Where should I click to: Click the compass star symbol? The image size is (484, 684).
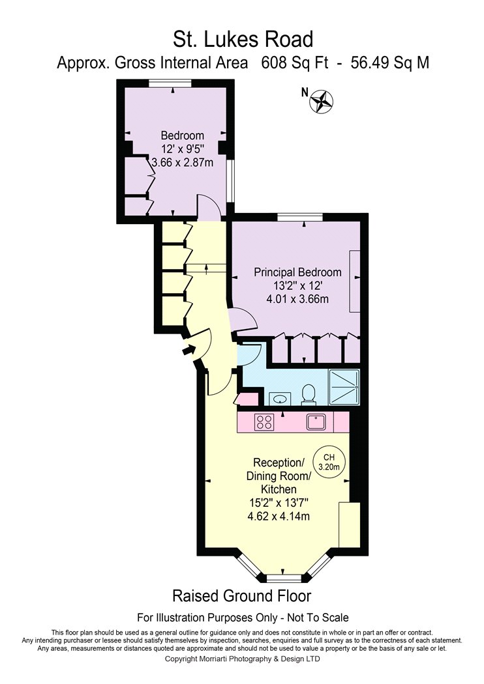click(322, 101)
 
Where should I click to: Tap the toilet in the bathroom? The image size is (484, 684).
click(309, 394)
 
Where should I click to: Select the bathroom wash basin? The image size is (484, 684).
click(279, 398)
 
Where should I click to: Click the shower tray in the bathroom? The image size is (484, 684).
click(344, 387)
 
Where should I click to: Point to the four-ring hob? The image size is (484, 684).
click(264, 421)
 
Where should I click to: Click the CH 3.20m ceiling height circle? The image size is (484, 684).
click(329, 462)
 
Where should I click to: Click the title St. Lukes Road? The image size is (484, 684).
click(243, 39)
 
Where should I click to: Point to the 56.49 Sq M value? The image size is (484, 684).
click(390, 63)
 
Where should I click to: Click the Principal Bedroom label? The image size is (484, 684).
click(297, 272)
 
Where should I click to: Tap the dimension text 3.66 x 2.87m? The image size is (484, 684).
click(182, 163)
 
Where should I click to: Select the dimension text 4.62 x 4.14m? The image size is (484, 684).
click(279, 516)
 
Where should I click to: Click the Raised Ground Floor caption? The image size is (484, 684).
click(242, 595)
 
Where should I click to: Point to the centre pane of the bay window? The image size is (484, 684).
click(284, 578)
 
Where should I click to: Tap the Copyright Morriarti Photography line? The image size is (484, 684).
click(242, 659)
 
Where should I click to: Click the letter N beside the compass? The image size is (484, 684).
click(305, 92)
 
